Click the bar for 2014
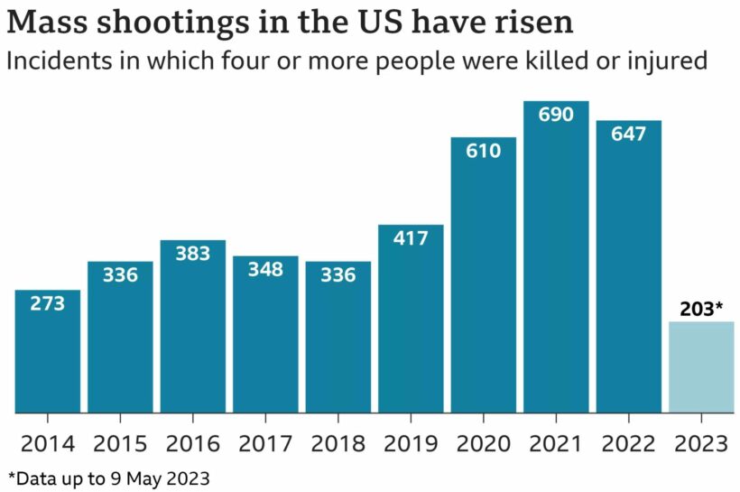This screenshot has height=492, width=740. tap(48, 352)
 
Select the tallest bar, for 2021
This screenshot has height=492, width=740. tap(556, 262)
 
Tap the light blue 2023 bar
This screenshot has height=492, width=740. tap(701, 367)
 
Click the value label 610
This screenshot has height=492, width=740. tap(483, 151)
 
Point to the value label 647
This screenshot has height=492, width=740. tap(628, 134)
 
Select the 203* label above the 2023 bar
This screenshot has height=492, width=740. tap(701, 308)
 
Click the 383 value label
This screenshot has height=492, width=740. tap(192, 254)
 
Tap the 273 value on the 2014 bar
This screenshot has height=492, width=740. tap(48, 303)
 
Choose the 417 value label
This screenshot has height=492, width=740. tap(411, 238)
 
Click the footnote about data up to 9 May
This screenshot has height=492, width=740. tap(108, 477)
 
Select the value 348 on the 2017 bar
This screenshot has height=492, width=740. tap(265, 269)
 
